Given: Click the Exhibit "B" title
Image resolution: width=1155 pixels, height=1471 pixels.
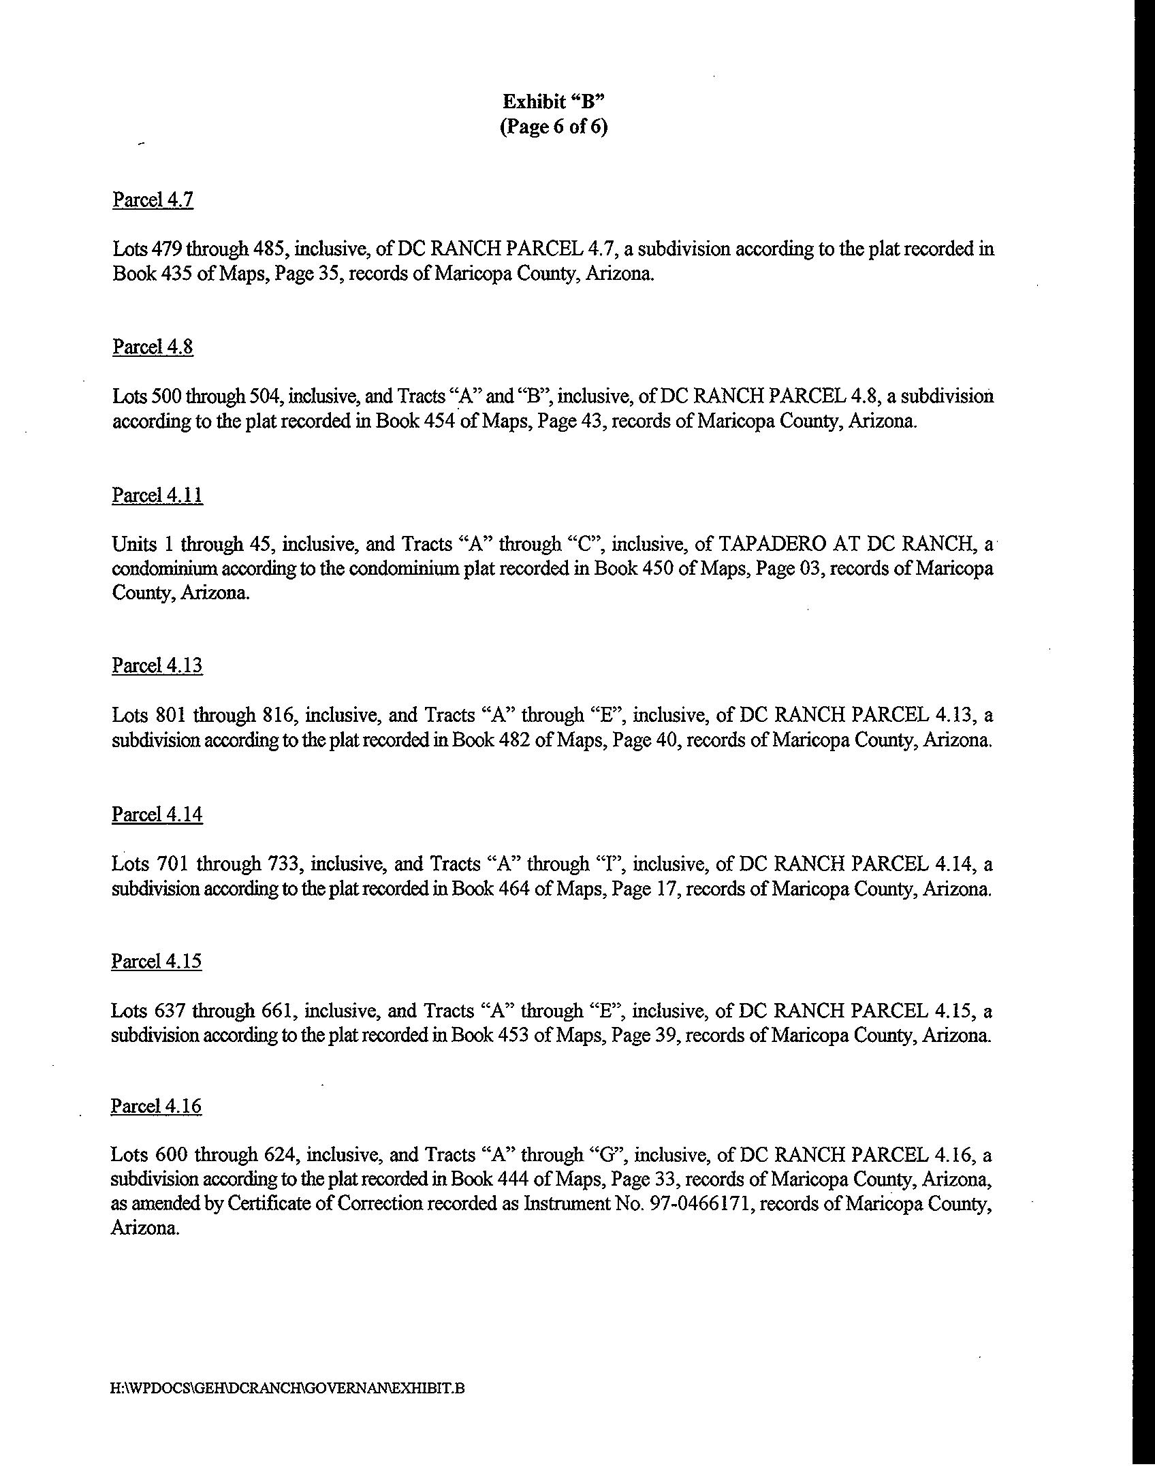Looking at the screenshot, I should coord(554,101).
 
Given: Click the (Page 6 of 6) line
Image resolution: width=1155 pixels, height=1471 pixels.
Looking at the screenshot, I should coord(553,127).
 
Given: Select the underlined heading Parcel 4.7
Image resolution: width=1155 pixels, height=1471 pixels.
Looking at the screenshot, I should coord(153,200).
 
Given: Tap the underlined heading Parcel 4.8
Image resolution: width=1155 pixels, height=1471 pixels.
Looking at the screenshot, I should coord(153,347).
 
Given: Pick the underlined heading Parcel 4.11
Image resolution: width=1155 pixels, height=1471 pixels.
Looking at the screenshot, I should coord(157,495).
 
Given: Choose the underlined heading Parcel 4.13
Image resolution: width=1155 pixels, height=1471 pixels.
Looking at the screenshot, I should coord(157,665).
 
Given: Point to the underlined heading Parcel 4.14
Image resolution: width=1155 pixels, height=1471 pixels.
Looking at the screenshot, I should coord(157,814).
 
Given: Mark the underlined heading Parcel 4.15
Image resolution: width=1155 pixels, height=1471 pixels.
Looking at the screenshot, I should coord(157,961).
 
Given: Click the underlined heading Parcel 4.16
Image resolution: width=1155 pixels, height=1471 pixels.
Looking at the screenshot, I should coord(157,1107).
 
